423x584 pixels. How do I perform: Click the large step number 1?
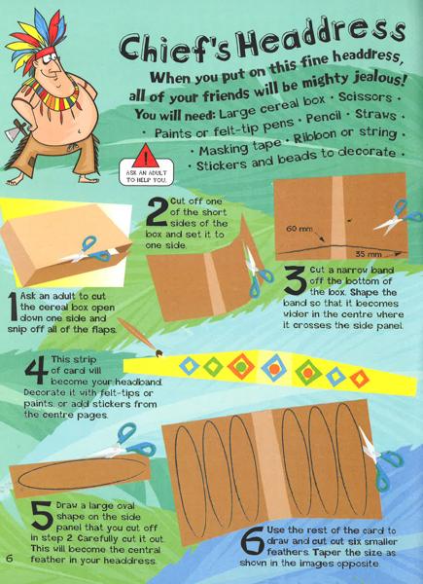coord(13,307)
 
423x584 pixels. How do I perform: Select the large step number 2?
coord(157,211)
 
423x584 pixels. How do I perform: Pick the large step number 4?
coord(36,370)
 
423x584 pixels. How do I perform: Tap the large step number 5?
coord(43,515)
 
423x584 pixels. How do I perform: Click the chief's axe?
coord(15,130)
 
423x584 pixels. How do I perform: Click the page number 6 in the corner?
coord(10,559)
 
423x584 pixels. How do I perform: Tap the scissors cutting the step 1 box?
coord(92,250)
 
